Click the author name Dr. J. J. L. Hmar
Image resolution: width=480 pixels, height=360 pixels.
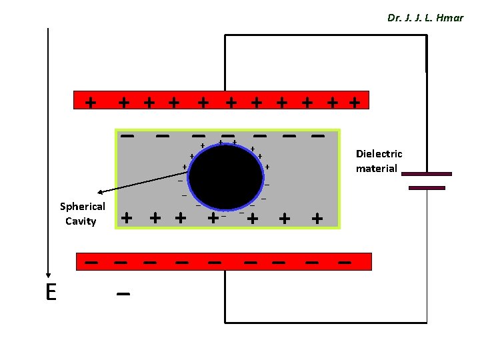425,18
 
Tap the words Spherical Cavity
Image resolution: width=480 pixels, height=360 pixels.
82,213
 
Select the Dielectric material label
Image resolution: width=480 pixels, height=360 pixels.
379,161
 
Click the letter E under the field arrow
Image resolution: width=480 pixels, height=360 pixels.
51,292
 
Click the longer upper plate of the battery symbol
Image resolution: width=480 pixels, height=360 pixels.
427,174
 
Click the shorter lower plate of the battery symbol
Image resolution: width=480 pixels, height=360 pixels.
427,188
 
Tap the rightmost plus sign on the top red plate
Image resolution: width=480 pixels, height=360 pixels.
355,102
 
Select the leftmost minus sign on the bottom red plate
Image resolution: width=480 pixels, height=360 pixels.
91,263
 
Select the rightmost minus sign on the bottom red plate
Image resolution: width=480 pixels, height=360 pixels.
344,263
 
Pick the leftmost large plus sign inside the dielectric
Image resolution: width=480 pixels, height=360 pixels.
125,217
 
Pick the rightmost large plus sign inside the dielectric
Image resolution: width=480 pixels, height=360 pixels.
317,217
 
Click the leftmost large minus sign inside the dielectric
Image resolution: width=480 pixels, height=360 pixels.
127,135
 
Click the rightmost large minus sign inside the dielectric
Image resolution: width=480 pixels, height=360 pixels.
318,135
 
